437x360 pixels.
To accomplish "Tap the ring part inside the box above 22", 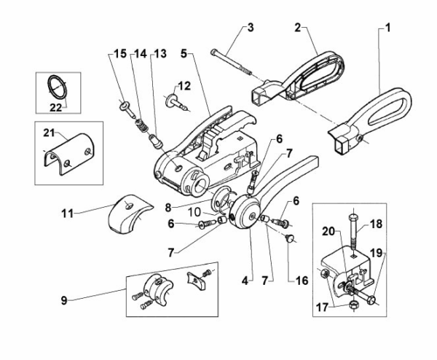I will pyautogui.click(x=56, y=87).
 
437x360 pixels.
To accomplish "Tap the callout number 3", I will pyautogui.click(x=249, y=28).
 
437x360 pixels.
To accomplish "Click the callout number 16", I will pyautogui.click(x=295, y=279).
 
